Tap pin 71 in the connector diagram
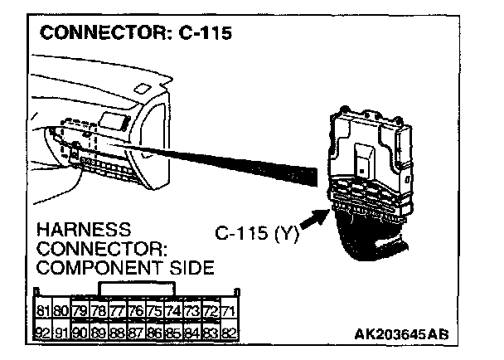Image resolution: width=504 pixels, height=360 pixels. click(x=230, y=312)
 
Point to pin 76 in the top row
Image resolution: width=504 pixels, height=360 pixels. click(x=136, y=312)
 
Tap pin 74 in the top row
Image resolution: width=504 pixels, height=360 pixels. click(x=174, y=312)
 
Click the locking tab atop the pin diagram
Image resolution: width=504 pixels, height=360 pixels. click(x=136, y=289)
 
